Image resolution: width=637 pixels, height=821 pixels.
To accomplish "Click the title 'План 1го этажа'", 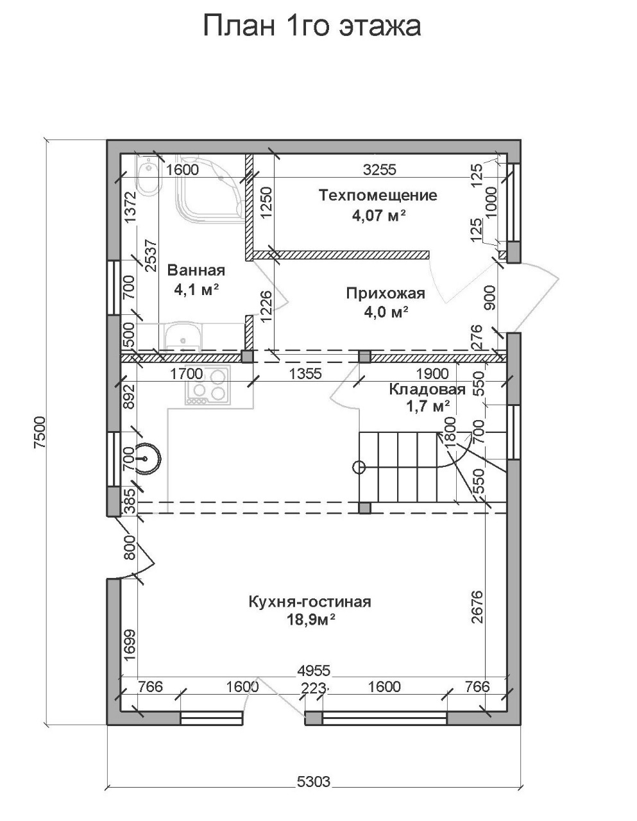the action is point(312,26).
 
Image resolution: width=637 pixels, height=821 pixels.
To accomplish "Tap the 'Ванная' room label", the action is point(196,271).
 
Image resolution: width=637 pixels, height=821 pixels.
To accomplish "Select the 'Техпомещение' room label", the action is point(378,196).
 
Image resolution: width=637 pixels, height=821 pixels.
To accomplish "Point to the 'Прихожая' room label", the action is point(386,293).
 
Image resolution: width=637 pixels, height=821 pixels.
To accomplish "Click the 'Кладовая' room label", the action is point(427,389).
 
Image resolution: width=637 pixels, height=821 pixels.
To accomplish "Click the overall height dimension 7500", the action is point(40,432).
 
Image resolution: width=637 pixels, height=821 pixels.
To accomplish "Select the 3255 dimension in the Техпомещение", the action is point(380,170).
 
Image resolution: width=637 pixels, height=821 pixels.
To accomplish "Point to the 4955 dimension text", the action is point(314,671).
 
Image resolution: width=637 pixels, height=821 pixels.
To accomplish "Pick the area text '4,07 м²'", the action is point(379,216).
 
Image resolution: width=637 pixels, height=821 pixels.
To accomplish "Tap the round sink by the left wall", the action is point(146,459).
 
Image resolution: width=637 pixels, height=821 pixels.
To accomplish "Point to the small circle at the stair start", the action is point(359,468).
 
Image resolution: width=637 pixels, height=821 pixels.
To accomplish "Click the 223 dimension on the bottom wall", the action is point(313,688).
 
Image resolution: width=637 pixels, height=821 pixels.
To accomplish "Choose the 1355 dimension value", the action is point(305,374).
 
